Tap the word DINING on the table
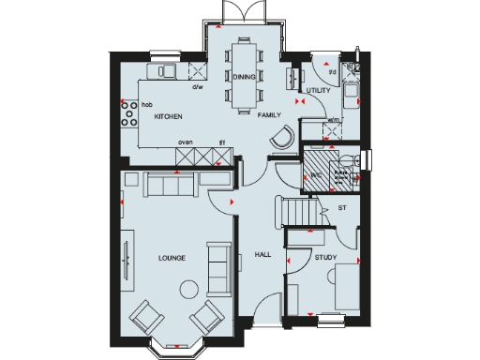click(x=245, y=76)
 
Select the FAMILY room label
click(x=270, y=114)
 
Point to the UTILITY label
click(x=320, y=90)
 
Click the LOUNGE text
click(x=172, y=258)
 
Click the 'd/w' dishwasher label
click(x=198, y=87)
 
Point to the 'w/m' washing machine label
click(x=334, y=119)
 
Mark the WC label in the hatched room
click(x=316, y=175)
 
